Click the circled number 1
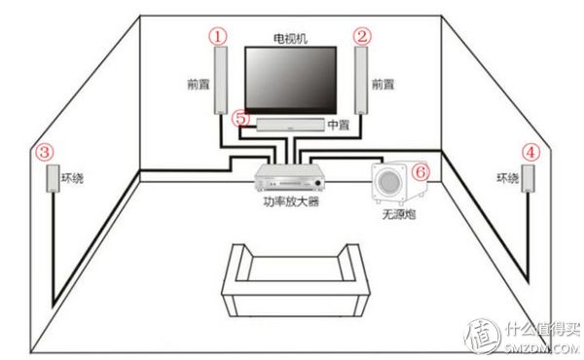coord(220,36)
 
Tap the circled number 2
coord(363,36)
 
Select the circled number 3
coord(43,152)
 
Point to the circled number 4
coord(529,152)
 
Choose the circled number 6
coord(420,169)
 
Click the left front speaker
coord(221,82)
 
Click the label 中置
coord(338,126)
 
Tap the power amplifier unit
coord(290,178)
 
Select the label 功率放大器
coord(290,202)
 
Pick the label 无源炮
coord(398,212)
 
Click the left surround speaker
coord(53,179)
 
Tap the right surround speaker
coord(529,178)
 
